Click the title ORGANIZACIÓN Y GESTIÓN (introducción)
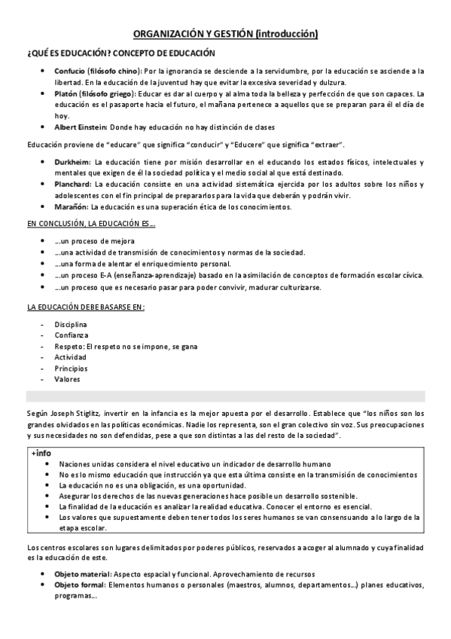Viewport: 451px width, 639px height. pos(225,33)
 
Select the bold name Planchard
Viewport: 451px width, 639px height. pos(72,184)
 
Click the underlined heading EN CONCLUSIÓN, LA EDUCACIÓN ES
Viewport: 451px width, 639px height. pos(90,224)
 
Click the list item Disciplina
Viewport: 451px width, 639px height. pos(71,324)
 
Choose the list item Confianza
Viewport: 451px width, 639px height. pos(71,335)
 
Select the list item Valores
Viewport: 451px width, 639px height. pos(67,379)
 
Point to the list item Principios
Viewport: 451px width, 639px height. pos(71,368)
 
